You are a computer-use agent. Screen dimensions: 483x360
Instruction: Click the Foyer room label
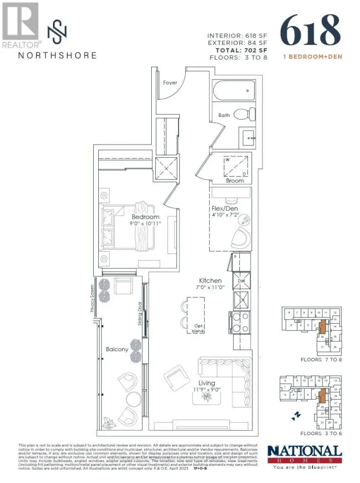coord(170,82)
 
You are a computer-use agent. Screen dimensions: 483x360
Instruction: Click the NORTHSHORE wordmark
coord(57,55)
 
